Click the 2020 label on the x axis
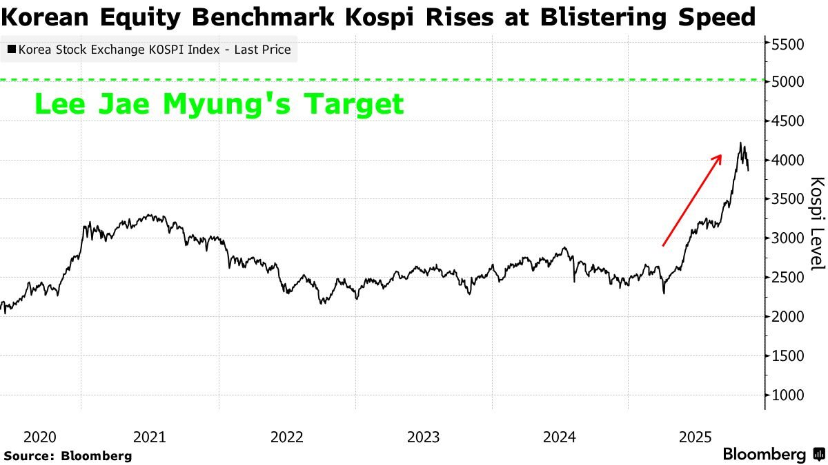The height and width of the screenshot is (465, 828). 39,437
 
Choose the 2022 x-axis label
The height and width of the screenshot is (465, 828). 286,437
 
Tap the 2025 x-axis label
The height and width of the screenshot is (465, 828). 696,437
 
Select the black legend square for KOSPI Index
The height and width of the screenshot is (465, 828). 12,50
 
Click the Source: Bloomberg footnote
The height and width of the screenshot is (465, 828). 68,455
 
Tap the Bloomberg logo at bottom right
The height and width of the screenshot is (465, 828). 773,454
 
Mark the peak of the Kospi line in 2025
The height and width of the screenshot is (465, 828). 740,143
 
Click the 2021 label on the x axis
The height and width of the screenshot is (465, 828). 149,437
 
